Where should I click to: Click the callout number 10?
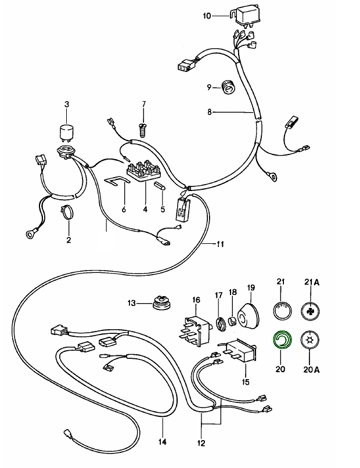[208, 16]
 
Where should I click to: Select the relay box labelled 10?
[245, 16]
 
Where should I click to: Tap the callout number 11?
[220, 244]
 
